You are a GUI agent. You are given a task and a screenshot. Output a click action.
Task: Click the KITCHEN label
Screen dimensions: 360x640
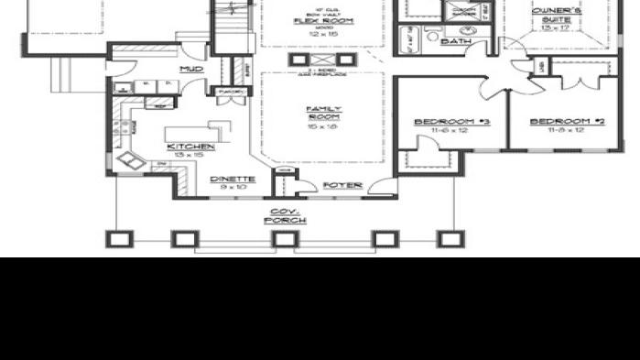tap(190, 147)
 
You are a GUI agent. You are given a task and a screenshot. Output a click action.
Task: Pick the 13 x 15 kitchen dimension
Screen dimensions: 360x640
tap(190, 155)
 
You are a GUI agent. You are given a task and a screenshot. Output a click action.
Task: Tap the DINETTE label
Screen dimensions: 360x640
tap(227, 179)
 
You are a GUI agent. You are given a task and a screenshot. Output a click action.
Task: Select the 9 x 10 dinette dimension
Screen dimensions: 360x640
tap(227, 187)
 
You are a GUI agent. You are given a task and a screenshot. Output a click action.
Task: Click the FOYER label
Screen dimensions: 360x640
tap(343, 185)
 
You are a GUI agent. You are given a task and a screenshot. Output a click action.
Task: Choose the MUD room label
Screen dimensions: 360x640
tap(190, 70)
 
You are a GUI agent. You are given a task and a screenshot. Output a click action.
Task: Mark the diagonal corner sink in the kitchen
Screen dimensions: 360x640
tap(129, 162)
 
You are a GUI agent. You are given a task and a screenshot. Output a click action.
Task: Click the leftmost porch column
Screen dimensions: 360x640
tap(117, 239)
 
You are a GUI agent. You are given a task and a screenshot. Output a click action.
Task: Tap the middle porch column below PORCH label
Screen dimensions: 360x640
tap(285, 239)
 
